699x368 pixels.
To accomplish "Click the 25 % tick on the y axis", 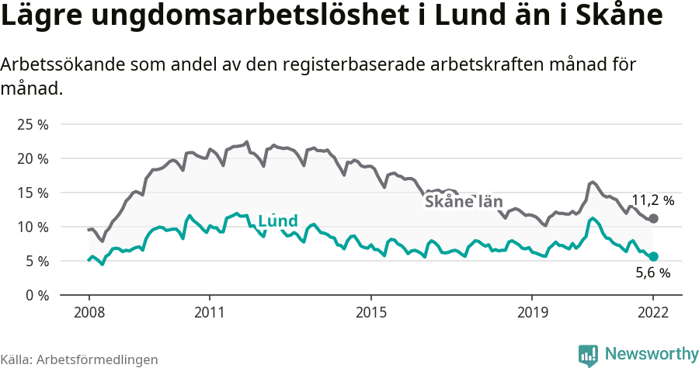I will click(x=33, y=124).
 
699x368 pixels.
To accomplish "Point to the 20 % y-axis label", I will click(x=33, y=158).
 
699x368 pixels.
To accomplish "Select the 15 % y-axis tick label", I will click(x=33, y=193).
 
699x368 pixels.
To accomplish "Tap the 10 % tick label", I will click(x=33, y=227).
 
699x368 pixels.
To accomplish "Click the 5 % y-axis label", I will click(x=36, y=261).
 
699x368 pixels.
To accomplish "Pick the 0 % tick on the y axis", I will click(x=36, y=295).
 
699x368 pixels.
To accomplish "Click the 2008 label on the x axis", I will click(x=89, y=312).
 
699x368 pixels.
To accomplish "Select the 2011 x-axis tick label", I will click(x=210, y=312).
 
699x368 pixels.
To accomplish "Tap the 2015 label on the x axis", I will click(x=371, y=312).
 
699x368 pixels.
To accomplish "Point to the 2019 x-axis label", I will click(x=532, y=312).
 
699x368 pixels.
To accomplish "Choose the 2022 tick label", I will click(x=653, y=312).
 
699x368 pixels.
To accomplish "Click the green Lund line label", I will click(x=277, y=221).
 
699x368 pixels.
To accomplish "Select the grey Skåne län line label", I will click(x=464, y=202).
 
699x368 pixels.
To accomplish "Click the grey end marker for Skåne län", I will click(x=653, y=219).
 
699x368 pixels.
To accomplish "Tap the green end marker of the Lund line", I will click(x=653, y=256).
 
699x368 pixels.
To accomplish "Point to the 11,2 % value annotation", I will click(x=652, y=200).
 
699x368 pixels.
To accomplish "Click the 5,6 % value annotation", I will click(x=652, y=273).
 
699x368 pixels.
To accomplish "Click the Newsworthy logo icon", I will click(x=588, y=355).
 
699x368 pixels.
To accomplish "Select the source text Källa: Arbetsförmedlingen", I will click(x=79, y=359).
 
